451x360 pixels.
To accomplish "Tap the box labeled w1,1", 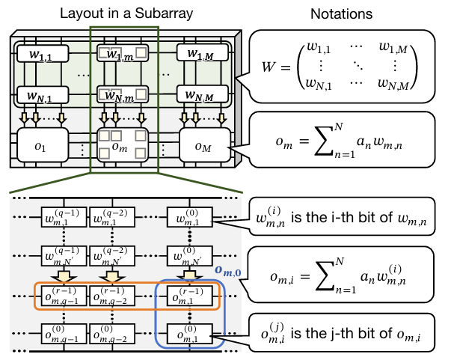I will coord(40,54).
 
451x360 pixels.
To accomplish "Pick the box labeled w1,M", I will coord(198,54).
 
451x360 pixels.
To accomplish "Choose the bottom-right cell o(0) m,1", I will coord(189,333).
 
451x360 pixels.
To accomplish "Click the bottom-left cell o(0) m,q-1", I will coord(63,333).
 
